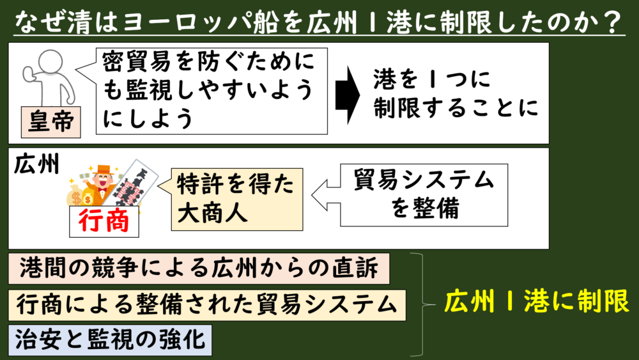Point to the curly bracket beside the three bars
[422, 304]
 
